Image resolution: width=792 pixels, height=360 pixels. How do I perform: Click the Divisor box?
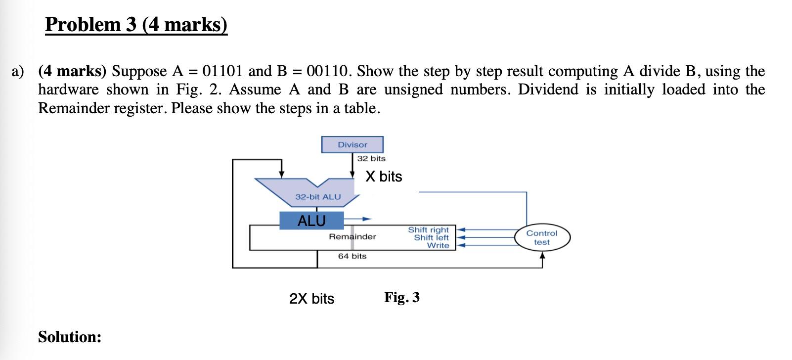(352, 145)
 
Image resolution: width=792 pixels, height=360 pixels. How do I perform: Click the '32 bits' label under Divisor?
(371, 159)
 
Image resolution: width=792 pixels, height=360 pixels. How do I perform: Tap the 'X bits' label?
(384, 177)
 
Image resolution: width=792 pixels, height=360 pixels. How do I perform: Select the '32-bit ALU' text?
(318, 197)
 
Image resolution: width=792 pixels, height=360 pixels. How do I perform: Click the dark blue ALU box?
(311, 221)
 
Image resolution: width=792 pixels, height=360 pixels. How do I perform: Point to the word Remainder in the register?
(352, 237)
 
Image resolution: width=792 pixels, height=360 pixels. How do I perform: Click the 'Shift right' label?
(428, 230)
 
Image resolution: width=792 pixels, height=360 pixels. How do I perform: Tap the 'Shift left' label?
(431, 238)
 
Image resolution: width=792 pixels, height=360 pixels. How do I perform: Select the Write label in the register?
(438, 246)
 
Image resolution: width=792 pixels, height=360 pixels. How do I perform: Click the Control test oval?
(541, 238)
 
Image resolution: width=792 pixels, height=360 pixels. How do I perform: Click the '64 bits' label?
(352, 256)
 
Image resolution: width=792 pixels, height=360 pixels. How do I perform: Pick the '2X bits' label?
(311, 299)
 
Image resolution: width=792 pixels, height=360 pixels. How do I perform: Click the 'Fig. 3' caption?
(402, 298)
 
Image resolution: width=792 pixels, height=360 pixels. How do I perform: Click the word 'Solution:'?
(70, 337)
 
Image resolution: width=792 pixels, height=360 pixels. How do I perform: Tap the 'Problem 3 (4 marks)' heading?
(136, 24)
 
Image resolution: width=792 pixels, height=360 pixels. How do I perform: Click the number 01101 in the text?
(223, 71)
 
